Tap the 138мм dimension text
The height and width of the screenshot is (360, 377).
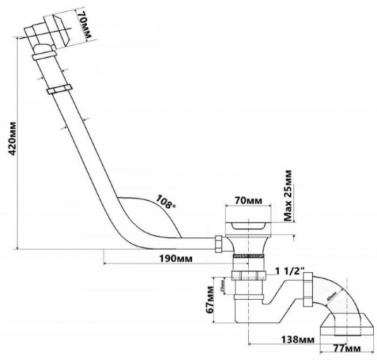coord(298,340)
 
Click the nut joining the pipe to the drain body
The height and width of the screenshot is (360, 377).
coord(219,244)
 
